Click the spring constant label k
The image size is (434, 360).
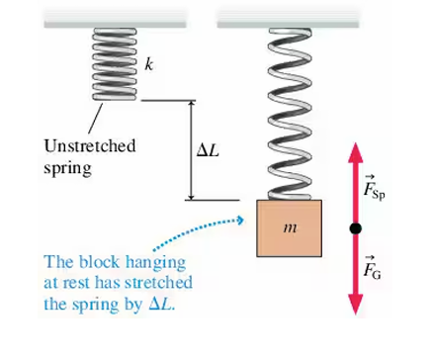148,64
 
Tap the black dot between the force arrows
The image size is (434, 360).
354,229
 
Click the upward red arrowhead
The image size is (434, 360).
354,152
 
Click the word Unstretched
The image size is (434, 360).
90,145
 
